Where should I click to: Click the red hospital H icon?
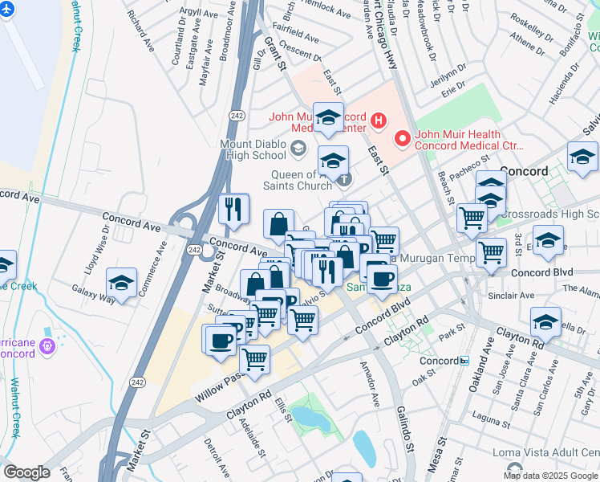[379, 122]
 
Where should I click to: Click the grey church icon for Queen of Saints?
[344, 178]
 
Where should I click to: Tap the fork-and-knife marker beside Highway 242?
[233, 209]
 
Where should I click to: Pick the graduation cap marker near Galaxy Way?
[121, 284]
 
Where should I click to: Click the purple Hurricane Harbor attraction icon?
[47, 345]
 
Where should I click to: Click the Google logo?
[26, 472]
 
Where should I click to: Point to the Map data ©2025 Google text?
[549, 476]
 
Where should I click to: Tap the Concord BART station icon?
[464, 361]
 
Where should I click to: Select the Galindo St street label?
[407, 437]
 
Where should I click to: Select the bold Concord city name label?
[523, 171]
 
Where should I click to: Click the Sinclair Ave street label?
[511, 296]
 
